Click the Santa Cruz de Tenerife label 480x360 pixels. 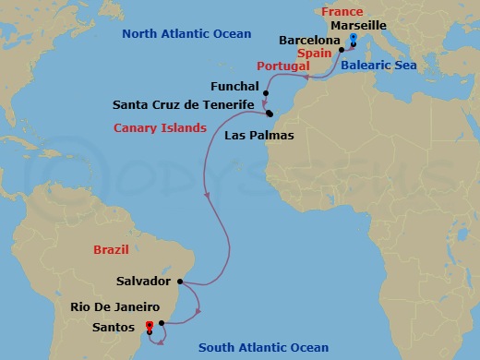183,105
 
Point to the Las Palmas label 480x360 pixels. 259,136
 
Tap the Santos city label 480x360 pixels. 109,325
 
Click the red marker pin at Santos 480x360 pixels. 150,325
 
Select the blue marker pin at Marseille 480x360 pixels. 354,40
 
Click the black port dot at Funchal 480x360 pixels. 266,93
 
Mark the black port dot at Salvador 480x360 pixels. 181,282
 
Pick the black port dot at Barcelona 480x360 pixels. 342,49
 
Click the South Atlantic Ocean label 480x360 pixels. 265,348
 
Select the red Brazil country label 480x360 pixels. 112,250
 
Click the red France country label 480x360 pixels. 342,11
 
